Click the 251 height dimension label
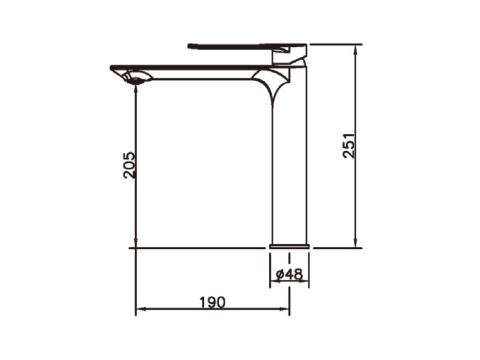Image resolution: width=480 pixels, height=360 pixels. pyautogui.click(x=349, y=145)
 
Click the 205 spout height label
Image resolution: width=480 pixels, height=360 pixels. pyautogui.click(x=130, y=165)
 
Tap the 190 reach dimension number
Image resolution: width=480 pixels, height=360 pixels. pyautogui.click(x=212, y=302)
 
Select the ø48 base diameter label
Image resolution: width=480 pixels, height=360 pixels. pyautogui.click(x=289, y=274)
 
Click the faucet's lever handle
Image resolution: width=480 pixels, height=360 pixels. pyautogui.click(x=247, y=46)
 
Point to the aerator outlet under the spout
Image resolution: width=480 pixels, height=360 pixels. pyautogui.click(x=137, y=79)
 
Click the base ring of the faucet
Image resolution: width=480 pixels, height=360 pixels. pyautogui.click(x=289, y=246)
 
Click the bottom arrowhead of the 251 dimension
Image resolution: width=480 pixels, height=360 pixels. pyautogui.click(x=356, y=243)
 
